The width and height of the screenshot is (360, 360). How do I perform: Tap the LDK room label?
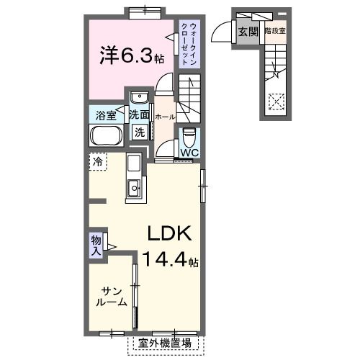pos(169,234)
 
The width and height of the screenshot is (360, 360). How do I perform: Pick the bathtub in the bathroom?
pos(108,135)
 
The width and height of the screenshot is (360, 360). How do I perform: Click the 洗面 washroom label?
pos(140,114)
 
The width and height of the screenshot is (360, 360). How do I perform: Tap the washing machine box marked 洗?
pos(140,132)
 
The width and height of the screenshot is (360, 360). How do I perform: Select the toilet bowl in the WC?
pos(189,135)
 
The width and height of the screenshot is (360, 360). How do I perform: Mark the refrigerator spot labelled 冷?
pos(96,161)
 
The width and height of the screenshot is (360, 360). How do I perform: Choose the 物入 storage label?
pos(96,244)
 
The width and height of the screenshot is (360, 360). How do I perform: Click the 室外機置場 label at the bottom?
pos(165,343)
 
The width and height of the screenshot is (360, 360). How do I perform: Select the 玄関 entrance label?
pos(249,31)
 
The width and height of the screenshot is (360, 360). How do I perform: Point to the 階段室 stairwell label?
pos(275,31)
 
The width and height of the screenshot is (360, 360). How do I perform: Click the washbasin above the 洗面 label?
pos(140,97)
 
